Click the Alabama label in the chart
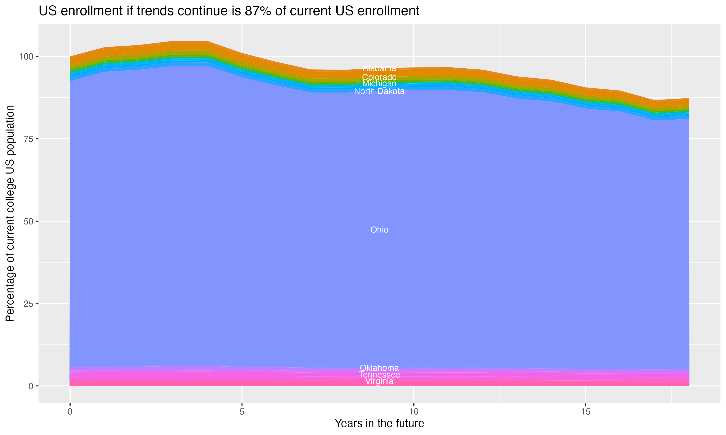[x=379, y=68]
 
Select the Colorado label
[x=379, y=77]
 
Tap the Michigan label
[x=379, y=84]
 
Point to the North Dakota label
[x=379, y=91]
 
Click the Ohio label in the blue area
[x=379, y=230]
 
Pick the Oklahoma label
[x=379, y=368]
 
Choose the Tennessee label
[x=379, y=375]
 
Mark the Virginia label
[x=379, y=381]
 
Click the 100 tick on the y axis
[x=27, y=56]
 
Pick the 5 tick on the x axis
[x=242, y=412]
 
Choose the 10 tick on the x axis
[x=414, y=412]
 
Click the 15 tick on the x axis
[x=585, y=412]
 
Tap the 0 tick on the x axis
[x=70, y=412]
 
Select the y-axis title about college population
[x=10, y=213]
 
